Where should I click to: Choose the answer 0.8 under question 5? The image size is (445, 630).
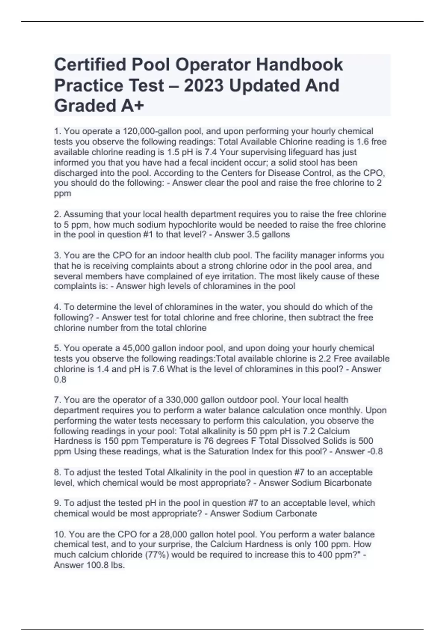click(60, 379)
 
